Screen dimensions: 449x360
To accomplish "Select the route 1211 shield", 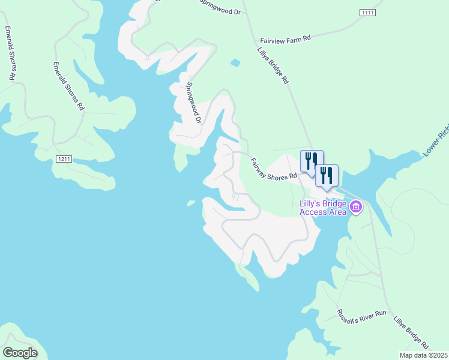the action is (x=65, y=159).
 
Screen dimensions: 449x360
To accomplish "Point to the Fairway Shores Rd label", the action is (x=274, y=169).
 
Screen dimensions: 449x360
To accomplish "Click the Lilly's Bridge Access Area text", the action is (x=322, y=207).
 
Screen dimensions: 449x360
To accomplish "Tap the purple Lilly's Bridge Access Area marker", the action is (x=356, y=208).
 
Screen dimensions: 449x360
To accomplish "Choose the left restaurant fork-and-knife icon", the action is (x=312, y=161).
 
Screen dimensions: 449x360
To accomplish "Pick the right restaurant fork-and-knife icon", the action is (x=327, y=175).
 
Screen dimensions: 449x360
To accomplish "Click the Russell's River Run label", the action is (x=356, y=322).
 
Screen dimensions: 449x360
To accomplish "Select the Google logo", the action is (x=20, y=353).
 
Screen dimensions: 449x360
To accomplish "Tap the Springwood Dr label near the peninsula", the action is (x=193, y=102).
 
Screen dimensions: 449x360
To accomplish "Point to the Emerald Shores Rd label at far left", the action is (x=9, y=53).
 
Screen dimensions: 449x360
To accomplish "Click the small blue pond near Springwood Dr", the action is (x=235, y=62).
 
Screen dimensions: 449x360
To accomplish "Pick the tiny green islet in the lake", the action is (x=191, y=203).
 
